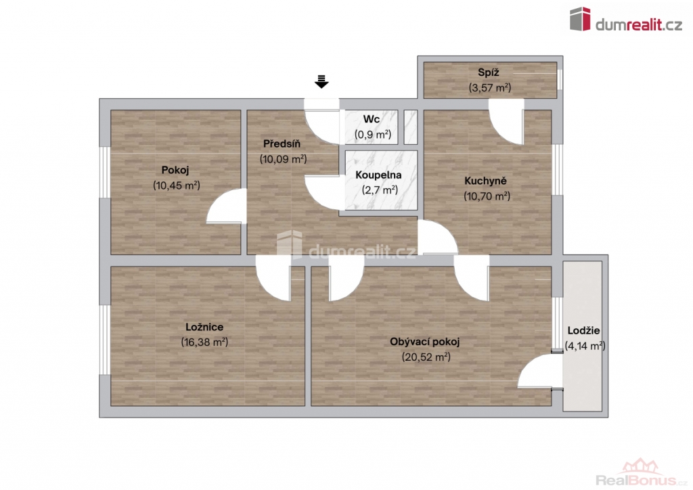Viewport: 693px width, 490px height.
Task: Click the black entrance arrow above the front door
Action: click(x=321, y=82)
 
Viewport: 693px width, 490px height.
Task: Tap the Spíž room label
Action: click(x=489, y=72)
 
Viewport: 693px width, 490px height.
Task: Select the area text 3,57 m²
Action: click(x=490, y=87)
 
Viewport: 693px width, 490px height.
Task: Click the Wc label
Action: click(x=372, y=119)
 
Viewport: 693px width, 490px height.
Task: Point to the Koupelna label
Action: click(x=378, y=175)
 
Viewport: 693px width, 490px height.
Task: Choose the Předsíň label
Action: click(x=282, y=143)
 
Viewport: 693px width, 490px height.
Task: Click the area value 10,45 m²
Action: click(x=177, y=185)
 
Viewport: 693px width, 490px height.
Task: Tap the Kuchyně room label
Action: click(x=485, y=181)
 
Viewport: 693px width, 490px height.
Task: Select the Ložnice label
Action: click(x=204, y=327)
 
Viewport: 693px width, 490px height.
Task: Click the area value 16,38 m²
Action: click(x=204, y=342)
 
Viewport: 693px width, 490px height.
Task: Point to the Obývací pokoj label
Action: click(x=425, y=342)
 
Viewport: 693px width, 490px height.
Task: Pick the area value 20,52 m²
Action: click(x=426, y=357)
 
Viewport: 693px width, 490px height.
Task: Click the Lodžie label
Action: click(x=583, y=330)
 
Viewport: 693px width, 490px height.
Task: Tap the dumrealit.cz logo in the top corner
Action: click(x=626, y=20)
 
